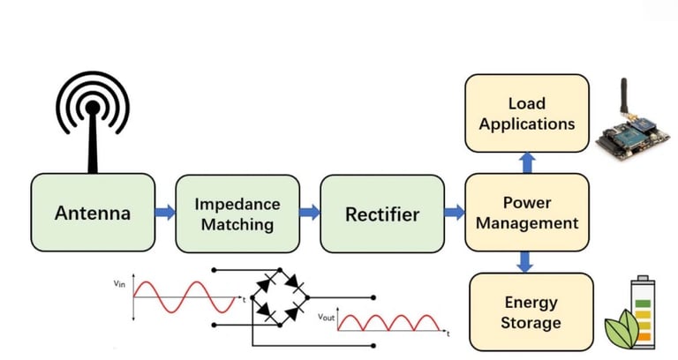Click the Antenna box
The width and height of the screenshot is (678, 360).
(x=93, y=213)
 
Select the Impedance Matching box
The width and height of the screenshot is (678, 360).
(x=237, y=213)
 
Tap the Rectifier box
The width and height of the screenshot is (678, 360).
(x=382, y=213)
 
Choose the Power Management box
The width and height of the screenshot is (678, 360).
(x=527, y=213)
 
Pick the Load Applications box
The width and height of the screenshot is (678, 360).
(x=527, y=111)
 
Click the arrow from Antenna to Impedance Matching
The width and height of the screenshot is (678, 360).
(x=165, y=213)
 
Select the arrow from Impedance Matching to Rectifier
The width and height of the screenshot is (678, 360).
(x=310, y=213)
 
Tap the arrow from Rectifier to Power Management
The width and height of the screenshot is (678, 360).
(x=454, y=213)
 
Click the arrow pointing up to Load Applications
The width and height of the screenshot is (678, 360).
(x=527, y=161)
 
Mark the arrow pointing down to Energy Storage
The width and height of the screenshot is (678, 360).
(x=527, y=261)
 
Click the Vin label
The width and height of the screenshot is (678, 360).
(x=120, y=284)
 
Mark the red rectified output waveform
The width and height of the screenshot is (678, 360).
(x=388, y=322)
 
